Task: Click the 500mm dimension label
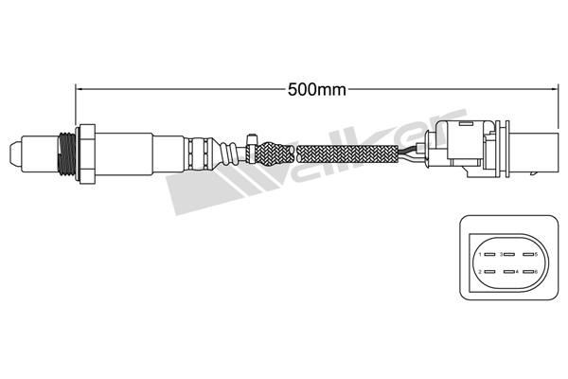[315, 91]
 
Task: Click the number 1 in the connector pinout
[481, 255]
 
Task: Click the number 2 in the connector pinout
[481, 273]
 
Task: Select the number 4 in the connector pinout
[517, 273]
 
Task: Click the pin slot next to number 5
[526, 255]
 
